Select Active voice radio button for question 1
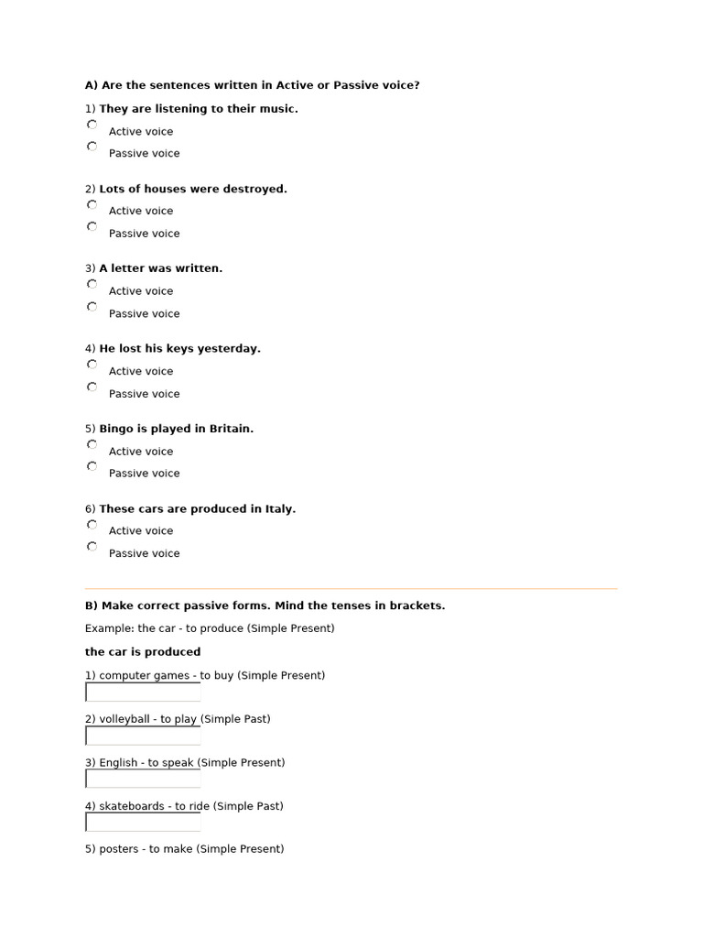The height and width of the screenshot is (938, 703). (92, 125)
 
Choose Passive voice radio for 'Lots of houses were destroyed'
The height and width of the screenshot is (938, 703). (92, 226)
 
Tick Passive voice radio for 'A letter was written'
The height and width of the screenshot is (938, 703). (92, 307)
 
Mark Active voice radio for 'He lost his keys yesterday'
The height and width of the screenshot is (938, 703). (92, 365)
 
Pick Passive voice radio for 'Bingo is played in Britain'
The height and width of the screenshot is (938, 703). (92, 466)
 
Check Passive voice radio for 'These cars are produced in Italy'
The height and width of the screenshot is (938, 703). (92, 547)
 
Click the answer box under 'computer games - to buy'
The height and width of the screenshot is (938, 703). (143, 693)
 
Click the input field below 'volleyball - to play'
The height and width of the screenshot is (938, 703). (143, 736)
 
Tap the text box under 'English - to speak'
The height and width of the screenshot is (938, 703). (143, 779)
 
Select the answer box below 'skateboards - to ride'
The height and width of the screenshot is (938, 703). (143, 822)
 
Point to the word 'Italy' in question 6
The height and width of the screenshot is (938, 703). (279, 508)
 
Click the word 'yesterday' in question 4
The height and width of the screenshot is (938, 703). (233, 349)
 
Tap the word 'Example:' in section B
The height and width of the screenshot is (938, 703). (109, 628)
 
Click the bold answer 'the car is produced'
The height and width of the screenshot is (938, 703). (143, 652)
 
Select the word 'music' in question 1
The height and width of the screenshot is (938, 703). (278, 109)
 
